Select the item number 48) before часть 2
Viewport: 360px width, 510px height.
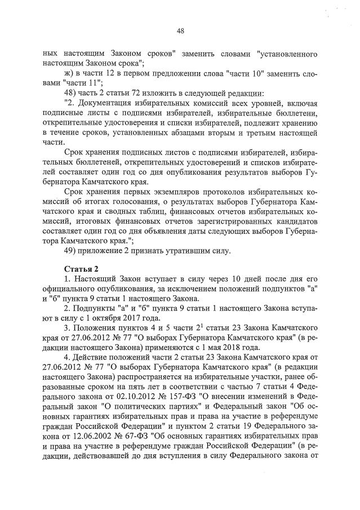[73, 93]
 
